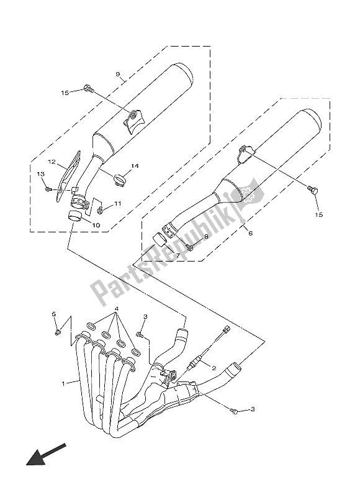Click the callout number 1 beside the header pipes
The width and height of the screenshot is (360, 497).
[x=63, y=384]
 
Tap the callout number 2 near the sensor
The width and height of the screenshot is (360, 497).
[x=214, y=368]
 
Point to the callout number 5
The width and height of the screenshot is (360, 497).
[x=53, y=315]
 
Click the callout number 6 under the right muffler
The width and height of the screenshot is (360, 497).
[x=251, y=234]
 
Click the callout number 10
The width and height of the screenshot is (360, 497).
[x=96, y=224]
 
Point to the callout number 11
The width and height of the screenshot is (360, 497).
[x=118, y=204]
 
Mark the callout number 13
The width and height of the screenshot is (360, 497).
[x=40, y=175]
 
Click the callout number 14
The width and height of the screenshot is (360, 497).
[x=135, y=166]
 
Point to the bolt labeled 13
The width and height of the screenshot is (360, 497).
[x=48, y=188]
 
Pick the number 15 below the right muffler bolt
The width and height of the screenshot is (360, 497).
[x=320, y=215]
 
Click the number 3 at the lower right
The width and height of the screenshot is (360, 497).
[x=252, y=409]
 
